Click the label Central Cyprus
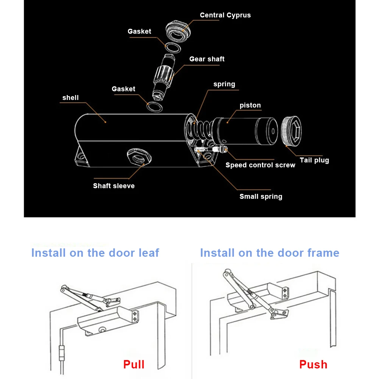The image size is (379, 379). coord(225,15)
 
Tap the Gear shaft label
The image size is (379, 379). coord(207,59)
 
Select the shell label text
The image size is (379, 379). coord(70,98)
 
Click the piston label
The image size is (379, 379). coord(250,105)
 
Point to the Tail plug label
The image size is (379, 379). coord(314,160)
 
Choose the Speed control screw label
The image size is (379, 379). coord(260,165)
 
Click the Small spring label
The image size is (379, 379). coord(261,197)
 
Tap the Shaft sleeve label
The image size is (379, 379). coord(114,186)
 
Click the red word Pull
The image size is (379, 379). coord(134,365)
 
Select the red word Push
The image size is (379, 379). coord(313,365)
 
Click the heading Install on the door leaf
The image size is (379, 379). coord(95,253)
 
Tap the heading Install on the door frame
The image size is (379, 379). coord(270,253)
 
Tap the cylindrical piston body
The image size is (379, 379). coord(250,131)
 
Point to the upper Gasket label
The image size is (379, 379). coord(139,31)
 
